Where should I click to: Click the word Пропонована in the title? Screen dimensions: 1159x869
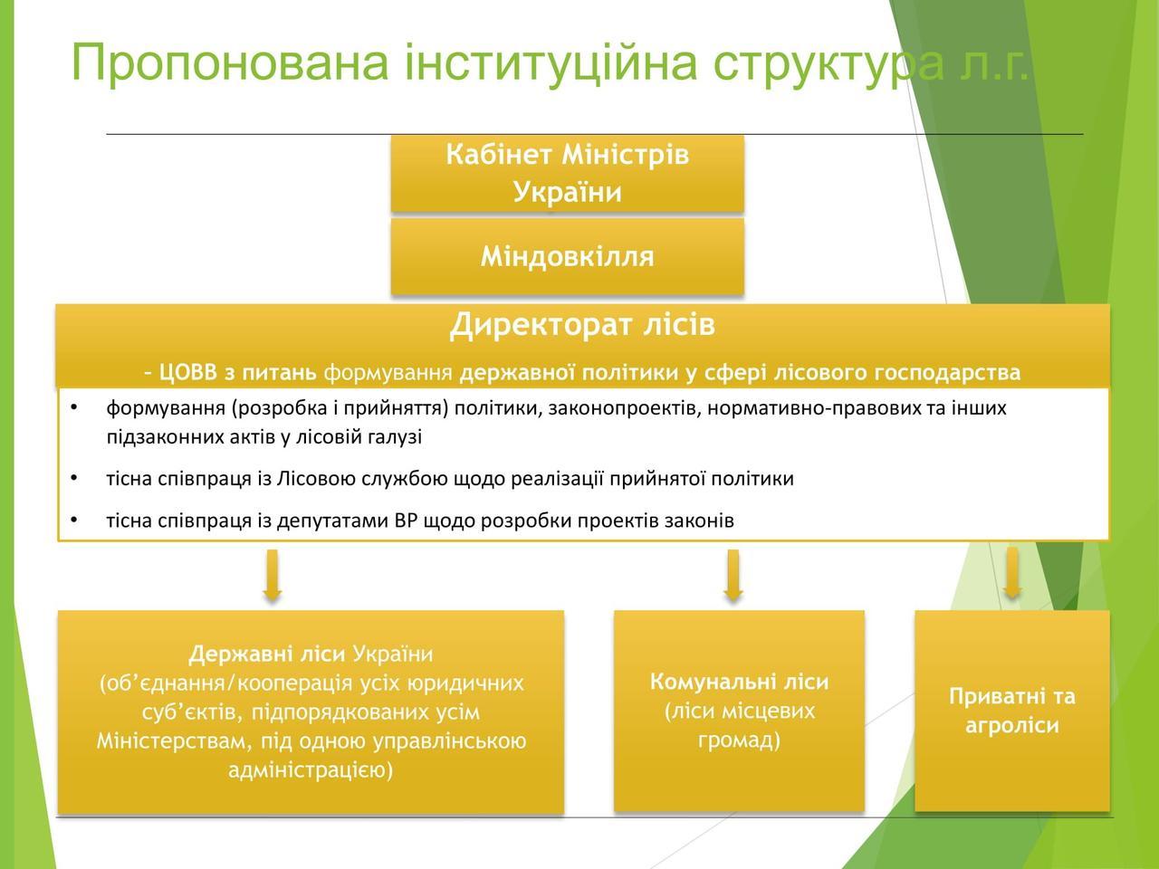[230, 62]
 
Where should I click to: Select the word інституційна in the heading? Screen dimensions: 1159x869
[551, 62]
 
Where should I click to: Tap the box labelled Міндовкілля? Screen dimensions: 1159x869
[567, 256]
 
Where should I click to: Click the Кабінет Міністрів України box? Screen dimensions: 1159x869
[567, 173]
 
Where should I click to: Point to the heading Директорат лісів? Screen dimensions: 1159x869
[582, 324]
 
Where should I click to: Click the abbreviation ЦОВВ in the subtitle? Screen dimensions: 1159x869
[187, 373]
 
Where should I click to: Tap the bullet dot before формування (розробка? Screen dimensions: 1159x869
[73, 407]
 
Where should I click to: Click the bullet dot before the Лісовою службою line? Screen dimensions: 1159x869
[73, 478]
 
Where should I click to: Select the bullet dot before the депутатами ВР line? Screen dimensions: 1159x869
[73, 520]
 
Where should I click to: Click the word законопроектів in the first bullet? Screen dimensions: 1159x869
[624, 409]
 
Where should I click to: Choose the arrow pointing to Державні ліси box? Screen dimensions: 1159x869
[272, 576]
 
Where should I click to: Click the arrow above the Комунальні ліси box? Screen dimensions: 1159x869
[733, 576]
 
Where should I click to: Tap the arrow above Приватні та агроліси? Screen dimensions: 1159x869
[1011, 573]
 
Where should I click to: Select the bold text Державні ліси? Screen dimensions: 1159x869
[266, 654]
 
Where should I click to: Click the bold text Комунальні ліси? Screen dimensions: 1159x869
[739, 683]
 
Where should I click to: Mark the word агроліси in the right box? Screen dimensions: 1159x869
[1012, 726]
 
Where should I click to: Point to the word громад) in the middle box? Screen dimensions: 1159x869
[739, 740]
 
